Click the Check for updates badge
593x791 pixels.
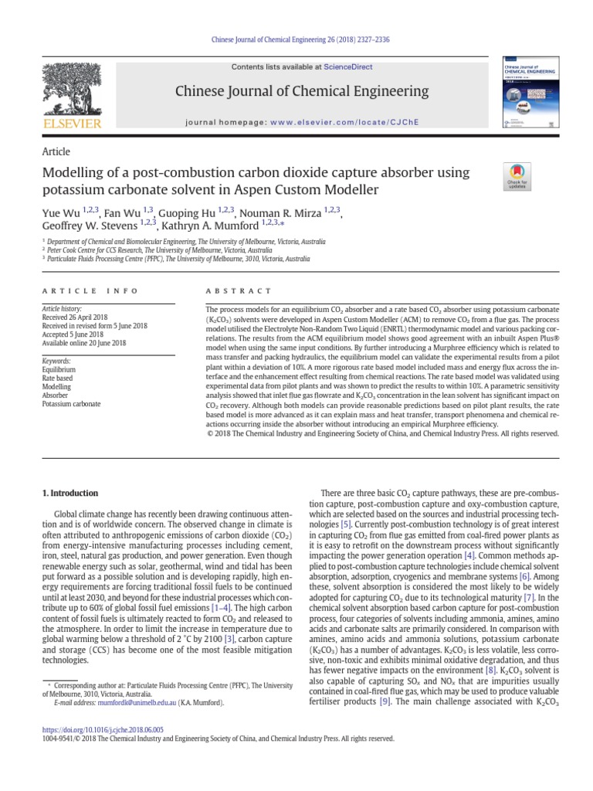pos(517,177)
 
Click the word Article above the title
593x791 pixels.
pos(56,151)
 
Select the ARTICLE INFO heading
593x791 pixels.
pos(90,291)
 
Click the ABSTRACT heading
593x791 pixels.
pos(238,291)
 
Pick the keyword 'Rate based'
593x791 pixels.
pos(58,379)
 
